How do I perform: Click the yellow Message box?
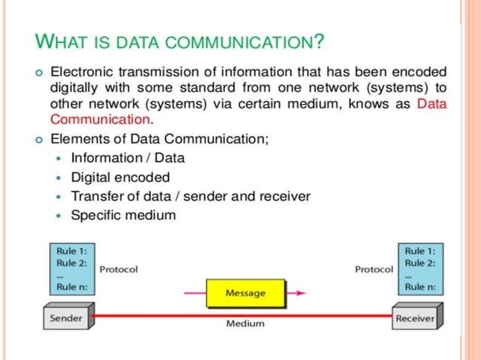246,292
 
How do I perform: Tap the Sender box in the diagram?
66,318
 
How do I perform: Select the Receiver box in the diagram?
415,318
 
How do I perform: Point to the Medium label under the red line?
246,324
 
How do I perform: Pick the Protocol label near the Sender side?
118,269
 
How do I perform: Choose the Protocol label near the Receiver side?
374,269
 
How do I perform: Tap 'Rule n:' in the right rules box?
420,287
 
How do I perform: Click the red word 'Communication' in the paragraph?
100,119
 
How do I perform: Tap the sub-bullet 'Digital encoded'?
120,178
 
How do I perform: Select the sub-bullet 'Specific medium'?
123,215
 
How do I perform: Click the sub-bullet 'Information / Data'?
127,158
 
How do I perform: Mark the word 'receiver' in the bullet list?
284,197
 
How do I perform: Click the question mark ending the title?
320,40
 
